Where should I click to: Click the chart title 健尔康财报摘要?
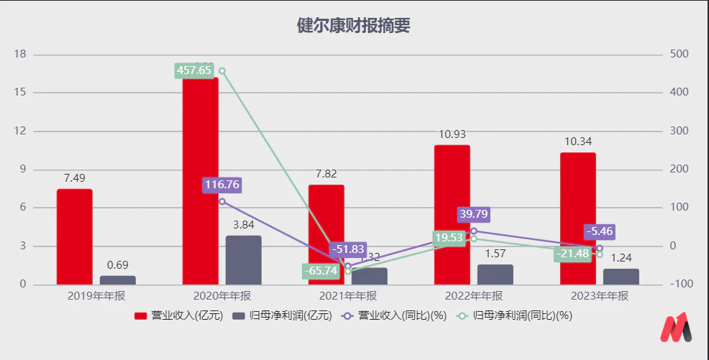click(354, 26)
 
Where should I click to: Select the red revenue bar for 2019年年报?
click(75, 236)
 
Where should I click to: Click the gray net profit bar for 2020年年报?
click(244, 259)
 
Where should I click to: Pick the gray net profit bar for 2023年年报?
click(621, 276)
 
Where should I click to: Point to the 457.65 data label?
click(194, 70)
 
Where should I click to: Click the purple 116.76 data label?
click(221, 185)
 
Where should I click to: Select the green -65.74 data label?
click(321, 272)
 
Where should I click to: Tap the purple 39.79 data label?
click(474, 214)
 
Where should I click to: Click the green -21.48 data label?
click(573, 254)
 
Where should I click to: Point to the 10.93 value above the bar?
click(452, 134)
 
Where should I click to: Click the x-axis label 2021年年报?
click(348, 296)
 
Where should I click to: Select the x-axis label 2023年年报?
click(600, 296)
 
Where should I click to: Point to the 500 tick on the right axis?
click(679, 55)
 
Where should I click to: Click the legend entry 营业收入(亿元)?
click(179, 315)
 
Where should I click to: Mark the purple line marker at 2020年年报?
click(222, 202)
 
